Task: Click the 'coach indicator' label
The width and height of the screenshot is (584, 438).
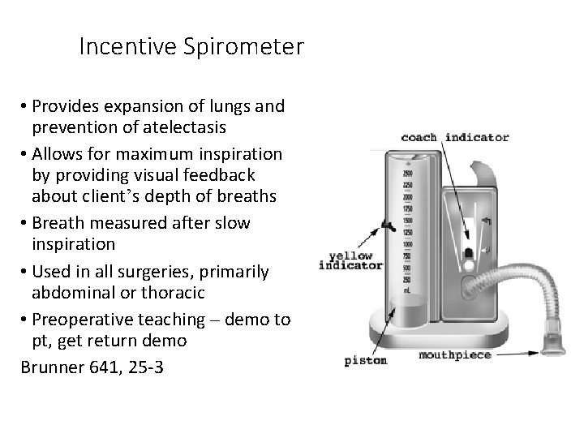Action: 455,136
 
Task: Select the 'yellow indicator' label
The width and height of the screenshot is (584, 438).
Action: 350,260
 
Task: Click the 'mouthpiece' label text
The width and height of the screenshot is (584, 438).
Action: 455,355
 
